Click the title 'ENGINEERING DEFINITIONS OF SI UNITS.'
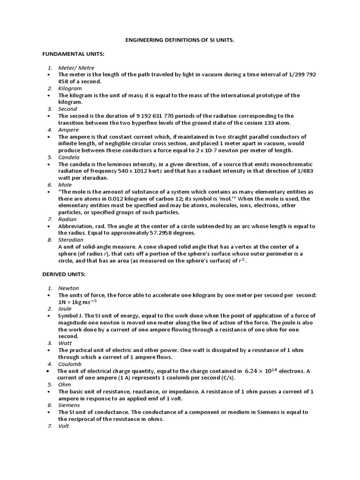click(180, 41)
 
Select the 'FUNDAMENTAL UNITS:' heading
click(73, 54)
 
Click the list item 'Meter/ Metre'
click(76, 68)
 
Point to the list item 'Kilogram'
click(70, 89)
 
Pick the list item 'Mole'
click(65, 185)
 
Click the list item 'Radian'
click(67, 219)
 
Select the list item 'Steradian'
click(71, 240)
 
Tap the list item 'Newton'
click(68, 288)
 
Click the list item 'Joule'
click(65, 309)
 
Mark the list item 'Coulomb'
click(70, 364)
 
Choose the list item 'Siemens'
click(69, 405)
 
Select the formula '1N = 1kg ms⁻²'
click(81, 302)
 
